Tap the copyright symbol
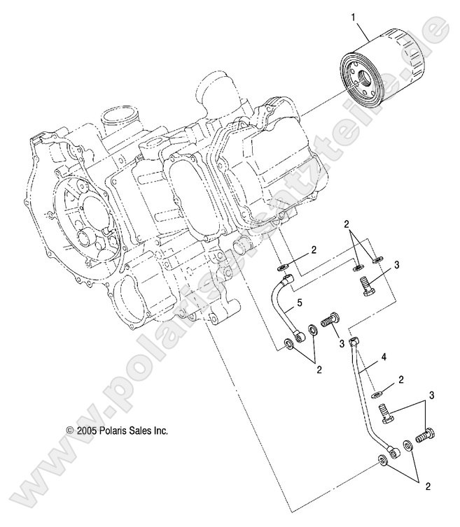[x=69, y=431]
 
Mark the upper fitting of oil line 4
[x=354, y=342]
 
